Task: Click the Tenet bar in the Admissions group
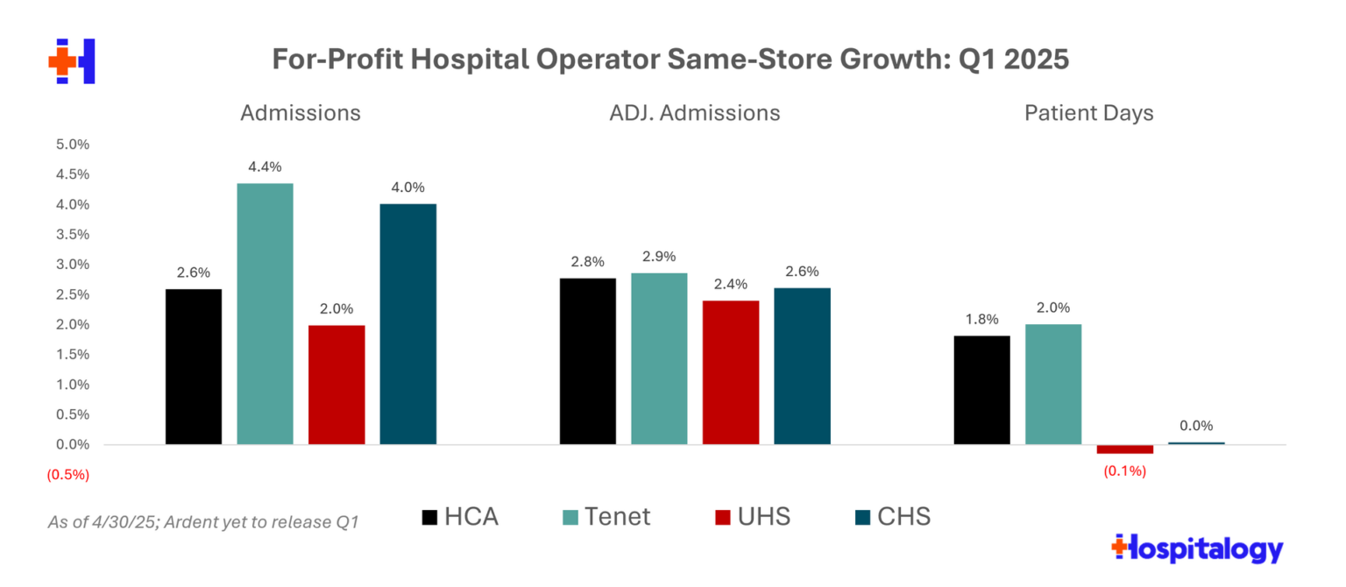coord(266,314)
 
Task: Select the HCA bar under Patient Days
coord(981,390)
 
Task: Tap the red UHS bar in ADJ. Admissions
coord(731,372)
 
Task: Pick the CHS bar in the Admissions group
coord(407,324)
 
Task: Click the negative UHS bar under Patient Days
coord(1124,449)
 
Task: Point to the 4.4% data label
coord(266,166)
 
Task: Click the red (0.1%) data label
coord(1124,470)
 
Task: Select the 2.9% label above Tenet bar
coord(659,257)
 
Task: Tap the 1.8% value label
coord(981,319)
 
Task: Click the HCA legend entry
coord(460,517)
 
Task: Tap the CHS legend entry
coord(891,517)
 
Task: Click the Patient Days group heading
coord(1088,113)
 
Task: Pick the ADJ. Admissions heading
coord(695,113)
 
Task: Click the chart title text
coord(670,60)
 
